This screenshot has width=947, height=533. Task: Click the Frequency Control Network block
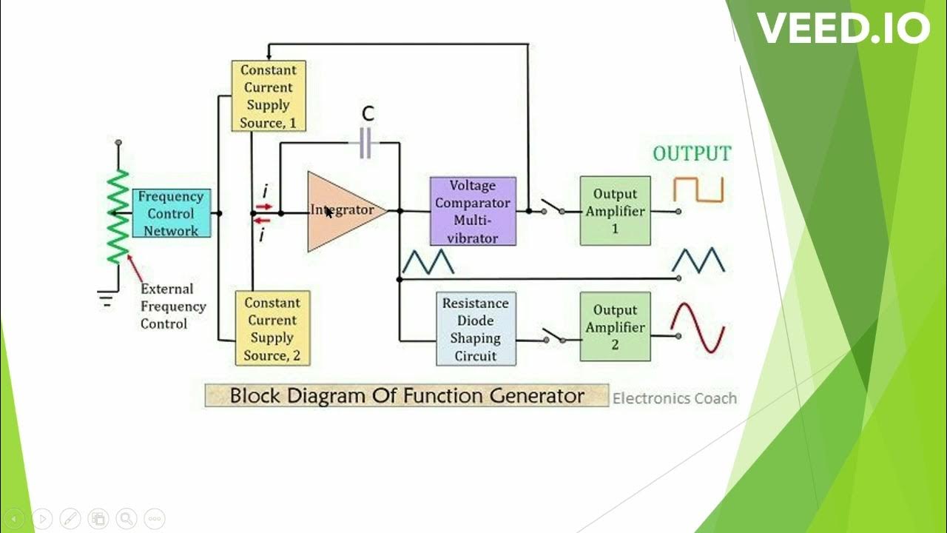coord(172,213)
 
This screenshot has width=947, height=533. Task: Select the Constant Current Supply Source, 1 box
coord(268,96)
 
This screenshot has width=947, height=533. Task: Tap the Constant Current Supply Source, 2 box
coord(272,328)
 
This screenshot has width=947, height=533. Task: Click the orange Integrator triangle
coord(340,212)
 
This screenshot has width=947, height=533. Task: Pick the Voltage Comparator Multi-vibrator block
coord(473,211)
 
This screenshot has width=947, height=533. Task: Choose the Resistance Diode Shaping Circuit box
coord(475,329)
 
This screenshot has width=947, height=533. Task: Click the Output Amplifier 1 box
coord(615,211)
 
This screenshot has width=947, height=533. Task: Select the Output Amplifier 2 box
coord(615,327)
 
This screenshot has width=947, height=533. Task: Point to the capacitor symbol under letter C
coord(365,143)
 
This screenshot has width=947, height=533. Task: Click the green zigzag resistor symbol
coord(118,216)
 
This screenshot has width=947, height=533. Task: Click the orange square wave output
coord(698,190)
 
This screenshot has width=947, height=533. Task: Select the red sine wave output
coord(697,328)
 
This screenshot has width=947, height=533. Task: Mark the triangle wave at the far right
coord(698,261)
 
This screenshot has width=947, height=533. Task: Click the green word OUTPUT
coord(691,154)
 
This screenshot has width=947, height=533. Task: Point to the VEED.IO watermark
coord(843,29)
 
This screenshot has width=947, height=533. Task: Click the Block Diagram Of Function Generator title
coord(406,395)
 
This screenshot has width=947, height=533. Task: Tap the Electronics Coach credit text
coord(674,398)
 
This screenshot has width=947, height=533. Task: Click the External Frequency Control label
coord(172,306)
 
